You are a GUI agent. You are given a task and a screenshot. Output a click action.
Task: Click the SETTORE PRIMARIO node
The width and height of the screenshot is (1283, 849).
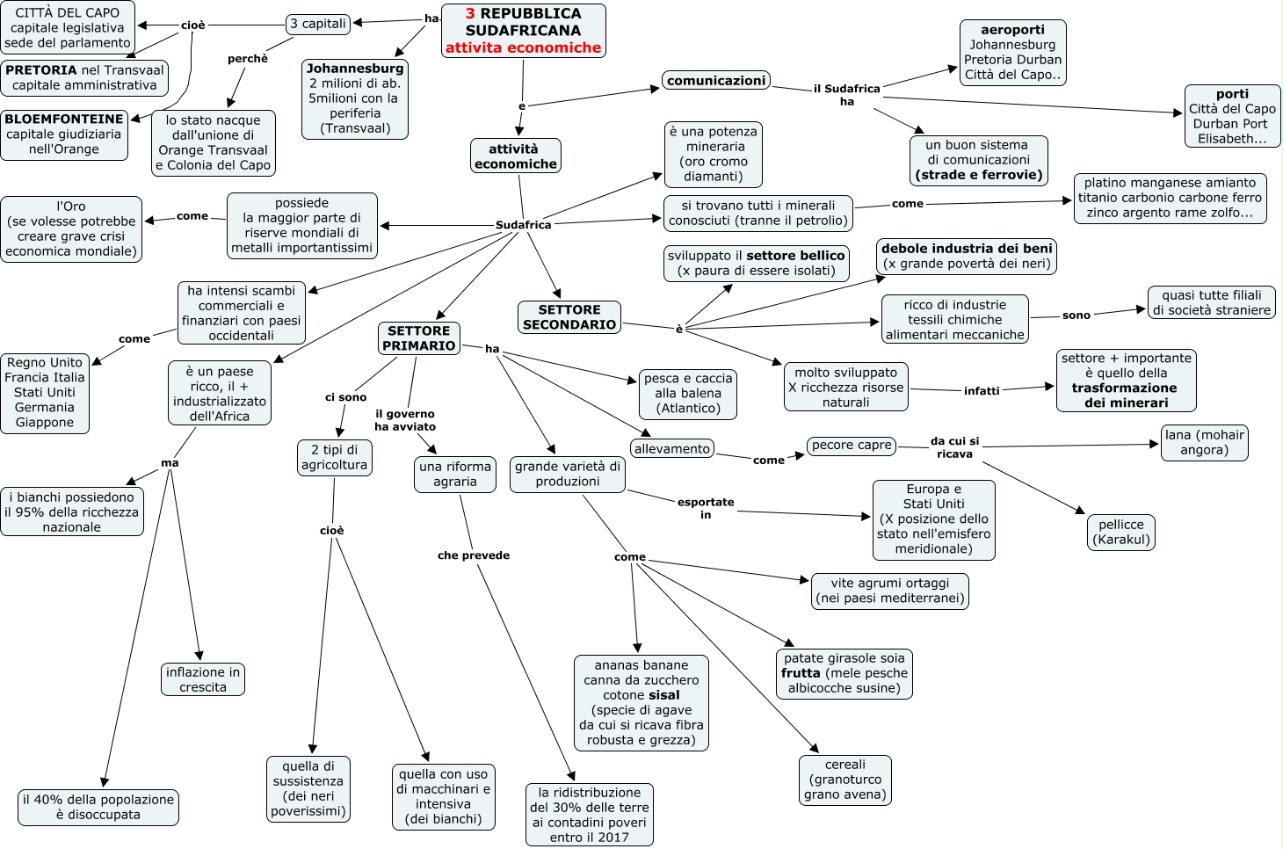[419, 338]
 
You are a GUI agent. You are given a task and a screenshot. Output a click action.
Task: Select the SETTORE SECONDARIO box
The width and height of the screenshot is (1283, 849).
[569, 317]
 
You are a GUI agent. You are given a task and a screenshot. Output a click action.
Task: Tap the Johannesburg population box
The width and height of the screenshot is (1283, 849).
[355, 98]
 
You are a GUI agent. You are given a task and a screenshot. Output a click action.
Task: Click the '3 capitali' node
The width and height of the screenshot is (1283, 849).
[318, 24]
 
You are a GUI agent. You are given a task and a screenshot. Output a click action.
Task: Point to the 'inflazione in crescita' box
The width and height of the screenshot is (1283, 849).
[203, 679]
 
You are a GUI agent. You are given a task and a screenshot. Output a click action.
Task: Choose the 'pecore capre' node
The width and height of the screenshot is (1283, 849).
[852, 446]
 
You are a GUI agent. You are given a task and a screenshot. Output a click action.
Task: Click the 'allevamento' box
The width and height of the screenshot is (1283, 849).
[672, 449]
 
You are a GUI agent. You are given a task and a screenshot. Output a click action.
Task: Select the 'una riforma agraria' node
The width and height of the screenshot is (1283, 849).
[455, 474]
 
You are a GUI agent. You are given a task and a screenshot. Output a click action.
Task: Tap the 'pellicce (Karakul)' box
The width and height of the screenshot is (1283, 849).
[1121, 532]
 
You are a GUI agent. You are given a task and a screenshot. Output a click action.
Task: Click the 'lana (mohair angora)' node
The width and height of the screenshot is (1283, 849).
[1204, 442]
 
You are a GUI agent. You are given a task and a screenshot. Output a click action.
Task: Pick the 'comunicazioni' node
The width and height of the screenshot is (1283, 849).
[716, 81]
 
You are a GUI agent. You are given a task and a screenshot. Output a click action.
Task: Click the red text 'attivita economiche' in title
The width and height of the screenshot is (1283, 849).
[523, 48]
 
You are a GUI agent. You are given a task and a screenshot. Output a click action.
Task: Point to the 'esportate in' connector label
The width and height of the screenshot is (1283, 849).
[706, 508]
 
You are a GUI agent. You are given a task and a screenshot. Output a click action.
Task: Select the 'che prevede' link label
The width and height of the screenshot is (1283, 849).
[474, 555]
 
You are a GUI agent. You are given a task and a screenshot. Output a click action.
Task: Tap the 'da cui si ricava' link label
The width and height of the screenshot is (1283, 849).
[954, 447]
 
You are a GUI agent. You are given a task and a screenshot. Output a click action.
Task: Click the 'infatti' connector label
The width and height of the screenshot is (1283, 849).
[982, 391]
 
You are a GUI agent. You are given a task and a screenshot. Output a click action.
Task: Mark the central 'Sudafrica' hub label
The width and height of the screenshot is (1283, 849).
[523, 225]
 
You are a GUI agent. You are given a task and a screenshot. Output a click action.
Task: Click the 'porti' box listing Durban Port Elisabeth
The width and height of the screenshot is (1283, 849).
[1232, 116]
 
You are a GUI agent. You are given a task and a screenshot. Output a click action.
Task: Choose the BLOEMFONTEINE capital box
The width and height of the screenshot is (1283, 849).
[64, 134]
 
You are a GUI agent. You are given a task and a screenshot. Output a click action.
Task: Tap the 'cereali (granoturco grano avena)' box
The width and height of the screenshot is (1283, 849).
[845, 780]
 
